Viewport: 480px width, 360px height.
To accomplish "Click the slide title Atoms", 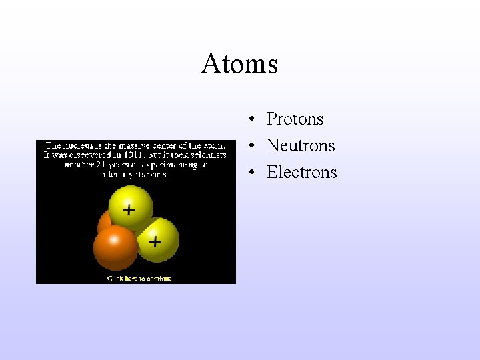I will (x=239, y=64).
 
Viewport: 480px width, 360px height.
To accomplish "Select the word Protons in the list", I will (x=295, y=119).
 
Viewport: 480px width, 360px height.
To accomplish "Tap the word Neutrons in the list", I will (x=300, y=146).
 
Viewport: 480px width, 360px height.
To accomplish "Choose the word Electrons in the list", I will (x=301, y=173).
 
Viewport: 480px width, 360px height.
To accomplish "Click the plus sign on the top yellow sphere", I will (x=129, y=210).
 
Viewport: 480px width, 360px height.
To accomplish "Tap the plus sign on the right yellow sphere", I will (x=155, y=241).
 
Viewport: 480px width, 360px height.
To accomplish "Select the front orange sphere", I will (x=115, y=248).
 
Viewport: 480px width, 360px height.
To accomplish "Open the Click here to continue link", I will (x=139, y=279).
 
